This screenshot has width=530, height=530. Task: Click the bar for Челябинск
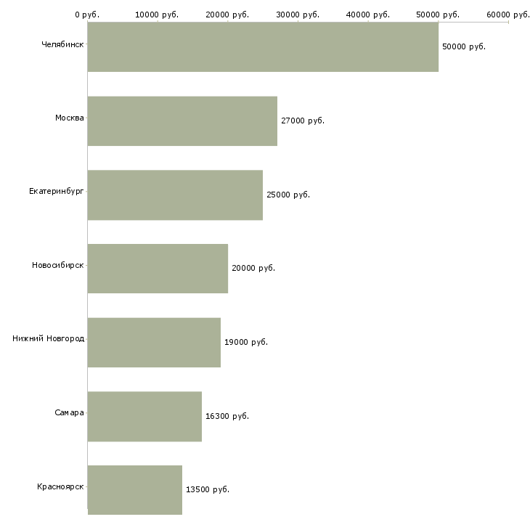[x=263, y=46]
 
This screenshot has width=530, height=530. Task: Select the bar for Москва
[x=182, y=121]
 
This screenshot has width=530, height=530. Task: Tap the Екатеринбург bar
[x=175, y=195]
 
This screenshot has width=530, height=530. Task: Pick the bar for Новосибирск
[x=158, y=269]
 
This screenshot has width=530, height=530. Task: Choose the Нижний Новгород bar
[x=154, y=342]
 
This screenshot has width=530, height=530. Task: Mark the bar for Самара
[x=144, y=416]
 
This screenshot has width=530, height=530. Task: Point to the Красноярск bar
[x=135, y=489]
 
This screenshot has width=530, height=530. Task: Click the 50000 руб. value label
[x=463, y=46]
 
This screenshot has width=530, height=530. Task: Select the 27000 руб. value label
[x=302, y=121]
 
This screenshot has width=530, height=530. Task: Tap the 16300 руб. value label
[x=227, y=416]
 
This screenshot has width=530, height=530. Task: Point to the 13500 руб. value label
[x=207, y=489]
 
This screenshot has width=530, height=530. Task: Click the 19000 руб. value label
[x=245, y=342]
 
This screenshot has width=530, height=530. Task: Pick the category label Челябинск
[x=62, y=44]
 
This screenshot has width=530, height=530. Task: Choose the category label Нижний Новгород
[x=49, y=338]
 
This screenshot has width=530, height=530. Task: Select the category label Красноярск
[x=60, y=486]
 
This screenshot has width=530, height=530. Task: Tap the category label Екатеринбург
[x=57, y=191]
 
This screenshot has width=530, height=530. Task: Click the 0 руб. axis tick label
[x=86, y=14]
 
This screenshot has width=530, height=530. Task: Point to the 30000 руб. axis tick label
[x=298, y=14]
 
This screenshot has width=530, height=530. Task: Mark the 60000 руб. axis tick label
[x=508, y=14]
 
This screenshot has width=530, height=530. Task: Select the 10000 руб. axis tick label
[x=157, y=14]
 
